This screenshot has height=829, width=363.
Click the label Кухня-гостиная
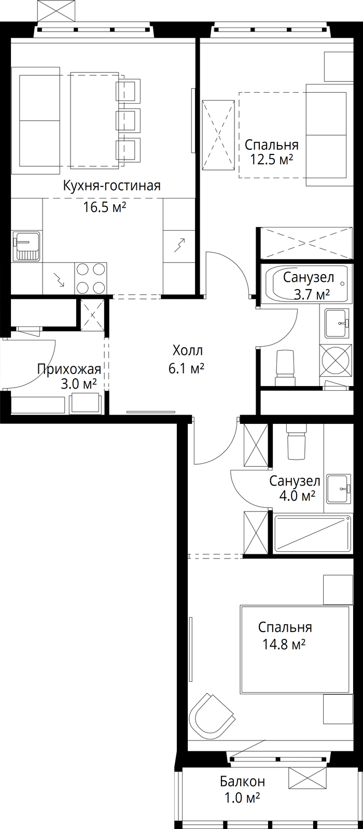pos(112,186)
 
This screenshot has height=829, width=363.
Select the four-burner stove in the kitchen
pos(91,278)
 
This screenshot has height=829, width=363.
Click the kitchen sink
pos(26,246)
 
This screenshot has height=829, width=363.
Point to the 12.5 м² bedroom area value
pos(272,160)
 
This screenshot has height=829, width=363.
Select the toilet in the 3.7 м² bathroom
pos(286,367)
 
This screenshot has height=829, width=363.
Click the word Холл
pos(187,350)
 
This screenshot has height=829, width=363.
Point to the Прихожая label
pos(69,369)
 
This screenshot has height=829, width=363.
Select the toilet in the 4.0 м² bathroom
pos(297,440)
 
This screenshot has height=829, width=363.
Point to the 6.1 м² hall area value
pos(187,369)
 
